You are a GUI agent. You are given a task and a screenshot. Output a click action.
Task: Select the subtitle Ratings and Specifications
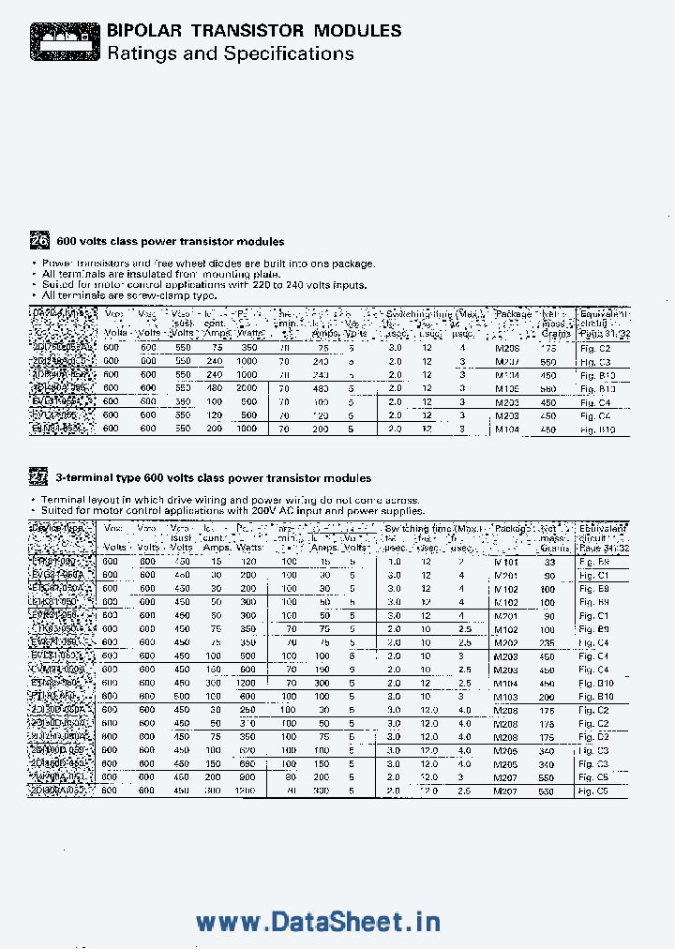pos(230,53)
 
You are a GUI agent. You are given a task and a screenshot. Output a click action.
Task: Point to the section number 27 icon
pos(38,477)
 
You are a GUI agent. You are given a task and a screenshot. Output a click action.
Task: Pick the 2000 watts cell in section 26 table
pos(247,387)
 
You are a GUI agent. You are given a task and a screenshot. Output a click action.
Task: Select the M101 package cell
pos(506,562)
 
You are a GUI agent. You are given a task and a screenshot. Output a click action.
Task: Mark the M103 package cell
pos(506,697)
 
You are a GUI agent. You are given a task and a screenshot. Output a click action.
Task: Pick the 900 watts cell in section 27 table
pos(247,777)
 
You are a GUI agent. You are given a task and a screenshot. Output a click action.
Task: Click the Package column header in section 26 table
pos(513,314)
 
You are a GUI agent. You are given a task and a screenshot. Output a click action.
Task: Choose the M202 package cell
pos(506,642)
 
